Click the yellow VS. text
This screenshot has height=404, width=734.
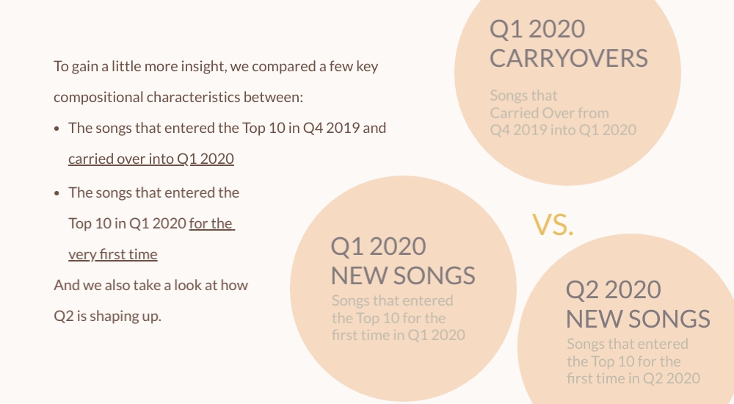click(553, 225)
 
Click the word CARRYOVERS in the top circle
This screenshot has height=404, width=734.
click(569, 59)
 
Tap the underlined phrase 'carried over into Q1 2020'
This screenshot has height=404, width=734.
click(150, 159)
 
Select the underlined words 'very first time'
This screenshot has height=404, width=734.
click(113, 254)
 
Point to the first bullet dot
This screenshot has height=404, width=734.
click(57, 129)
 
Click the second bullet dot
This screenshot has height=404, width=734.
click(57, 193)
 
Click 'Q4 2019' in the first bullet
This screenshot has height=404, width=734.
click(332, 128)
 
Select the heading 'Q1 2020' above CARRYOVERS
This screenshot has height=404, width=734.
click(537, 29)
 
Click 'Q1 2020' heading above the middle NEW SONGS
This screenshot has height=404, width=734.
click(378, 247)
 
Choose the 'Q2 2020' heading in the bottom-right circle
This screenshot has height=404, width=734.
click(613, 289)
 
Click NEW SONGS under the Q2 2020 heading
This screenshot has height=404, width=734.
click(638, 320)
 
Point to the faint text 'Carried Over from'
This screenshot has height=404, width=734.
click(549, 113)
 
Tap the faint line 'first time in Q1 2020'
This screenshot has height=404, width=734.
click(399, 335)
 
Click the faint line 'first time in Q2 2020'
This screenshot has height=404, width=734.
click(633, 379)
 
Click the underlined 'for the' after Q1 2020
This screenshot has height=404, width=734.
click(211, 223)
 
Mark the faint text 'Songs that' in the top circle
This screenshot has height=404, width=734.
click(524, 95)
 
